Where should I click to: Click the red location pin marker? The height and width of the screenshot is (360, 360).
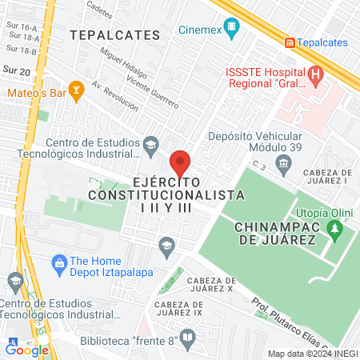point(180,162)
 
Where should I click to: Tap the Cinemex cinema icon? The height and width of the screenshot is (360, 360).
point(231,30)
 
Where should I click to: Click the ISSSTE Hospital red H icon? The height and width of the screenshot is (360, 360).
point(316,78)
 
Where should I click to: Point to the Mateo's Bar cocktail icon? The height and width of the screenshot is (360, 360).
point(77,90)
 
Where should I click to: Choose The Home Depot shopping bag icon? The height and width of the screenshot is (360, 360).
point(58,262)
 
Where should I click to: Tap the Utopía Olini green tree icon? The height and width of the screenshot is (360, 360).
point(336,233)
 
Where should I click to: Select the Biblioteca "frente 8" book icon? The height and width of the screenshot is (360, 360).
point(186,338)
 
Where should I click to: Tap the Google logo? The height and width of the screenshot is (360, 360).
point(26,349)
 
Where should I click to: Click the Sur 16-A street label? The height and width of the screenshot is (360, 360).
point(19,26)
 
